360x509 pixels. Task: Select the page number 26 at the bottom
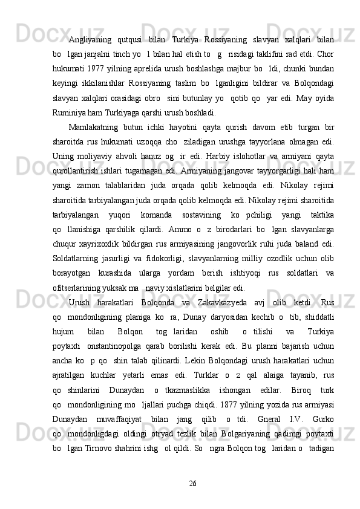tap(192, 484)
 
